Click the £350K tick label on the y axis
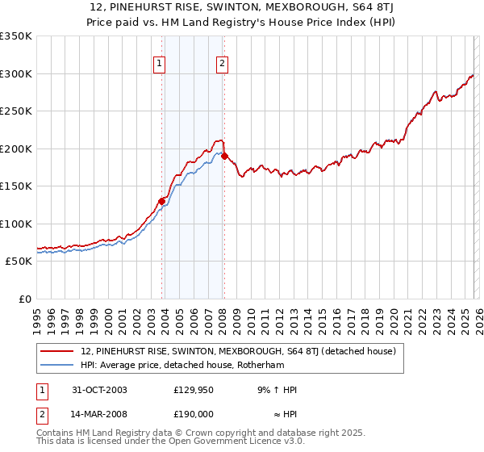16,36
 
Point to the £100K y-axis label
16,224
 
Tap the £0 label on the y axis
24,299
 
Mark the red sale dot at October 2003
162,201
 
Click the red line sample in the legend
57,351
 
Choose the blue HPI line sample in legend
57,365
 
